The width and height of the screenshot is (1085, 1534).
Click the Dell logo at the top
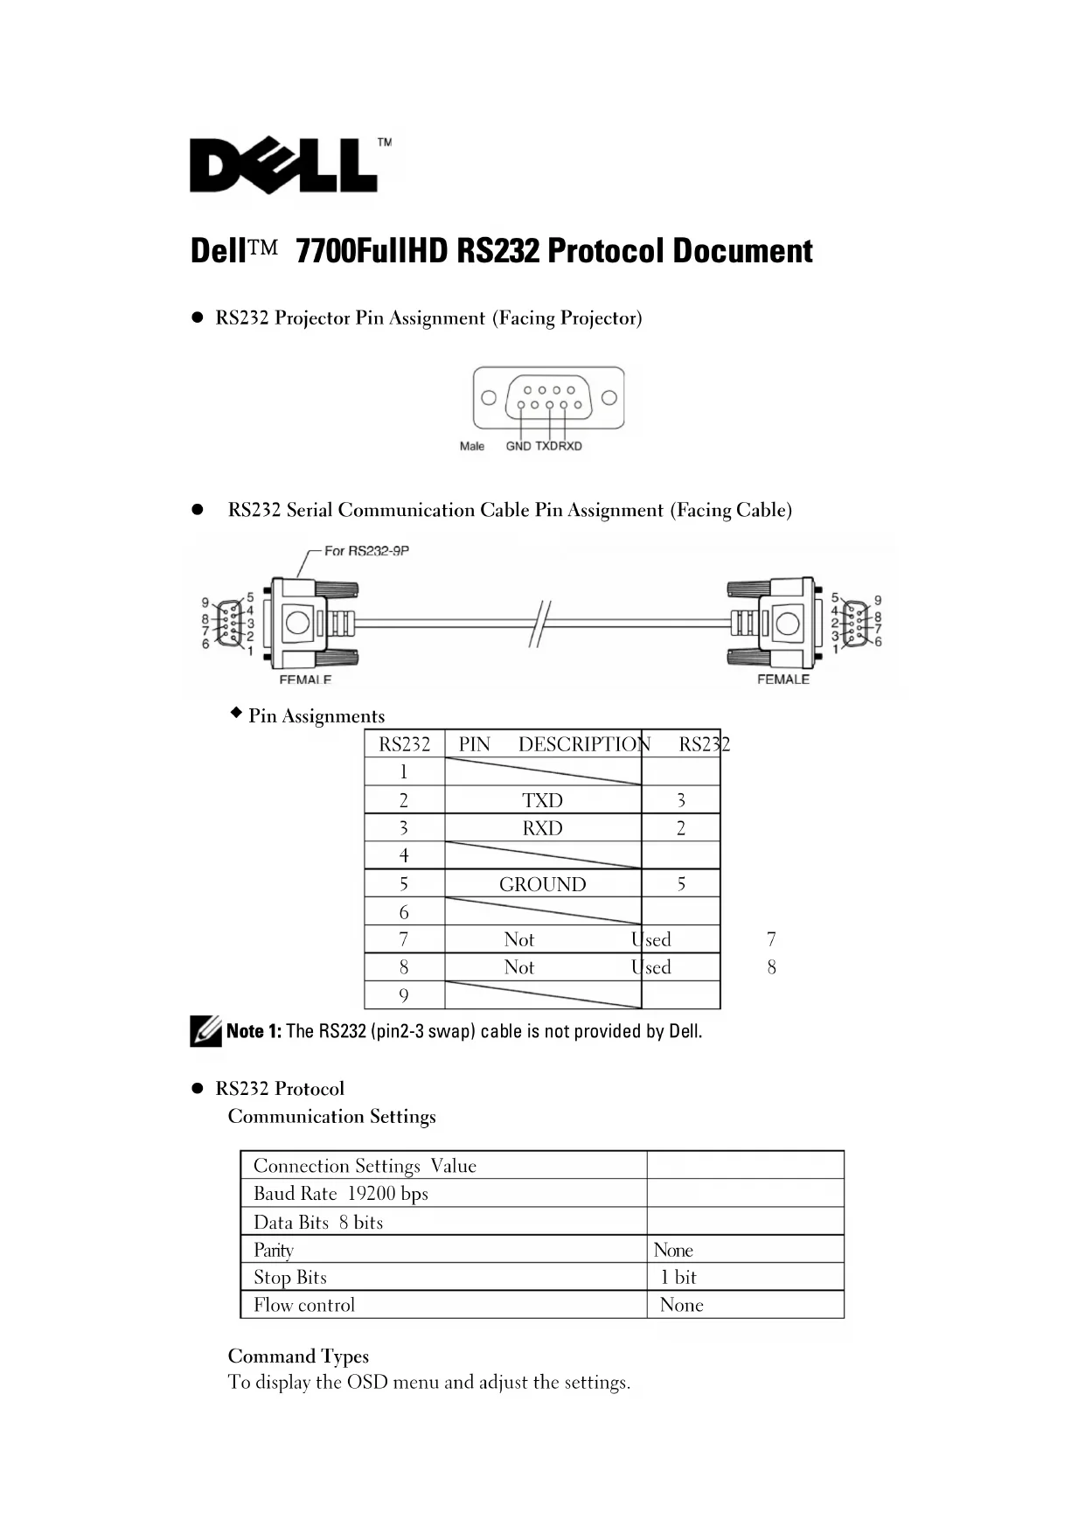point(283,165)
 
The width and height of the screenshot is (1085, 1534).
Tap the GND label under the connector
point(518,446)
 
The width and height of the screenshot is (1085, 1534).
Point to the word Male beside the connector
point(472,446)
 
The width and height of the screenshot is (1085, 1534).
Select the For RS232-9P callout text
point(366,551)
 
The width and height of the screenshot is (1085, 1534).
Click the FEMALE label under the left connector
point(305,680)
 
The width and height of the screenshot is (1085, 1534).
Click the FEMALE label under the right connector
point(783,680)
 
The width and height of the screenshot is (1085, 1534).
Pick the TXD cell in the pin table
point(542,800)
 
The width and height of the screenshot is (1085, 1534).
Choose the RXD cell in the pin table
point(542,828)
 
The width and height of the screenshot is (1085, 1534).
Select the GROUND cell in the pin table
point(542,884)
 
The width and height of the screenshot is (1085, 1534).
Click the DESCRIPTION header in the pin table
point(584,744)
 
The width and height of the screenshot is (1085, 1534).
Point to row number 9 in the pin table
point(403,995)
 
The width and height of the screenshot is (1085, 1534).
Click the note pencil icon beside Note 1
point(205,1031)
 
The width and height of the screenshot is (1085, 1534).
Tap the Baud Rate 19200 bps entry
point(341,1194)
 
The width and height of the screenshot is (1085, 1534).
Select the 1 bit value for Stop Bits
point(678,1277)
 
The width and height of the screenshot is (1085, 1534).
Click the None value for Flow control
point(681,1305)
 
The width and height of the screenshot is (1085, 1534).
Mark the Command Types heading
point(298,1356)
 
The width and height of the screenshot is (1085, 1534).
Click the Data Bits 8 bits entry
point(318,1223)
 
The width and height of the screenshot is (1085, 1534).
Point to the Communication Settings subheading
point(331,1117)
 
